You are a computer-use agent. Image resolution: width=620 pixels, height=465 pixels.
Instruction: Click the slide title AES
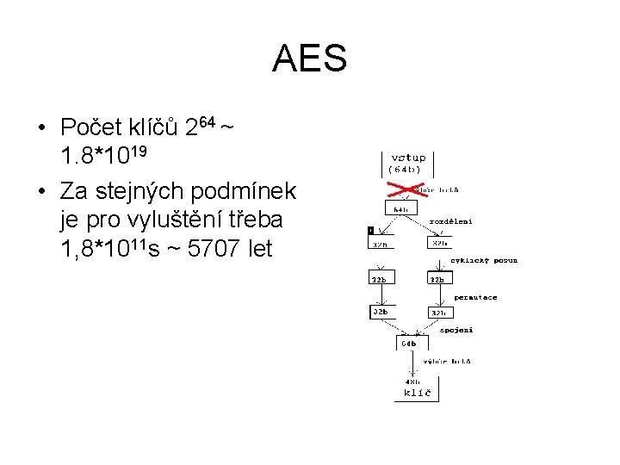(310, 59)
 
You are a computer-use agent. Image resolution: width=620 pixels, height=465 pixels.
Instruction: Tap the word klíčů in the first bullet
(153, 128)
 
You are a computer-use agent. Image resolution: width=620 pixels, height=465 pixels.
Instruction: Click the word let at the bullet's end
(258, 248)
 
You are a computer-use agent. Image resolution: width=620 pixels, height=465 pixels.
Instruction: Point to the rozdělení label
(451, 221)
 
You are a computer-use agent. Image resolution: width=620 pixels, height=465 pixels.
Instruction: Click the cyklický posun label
(484, 260)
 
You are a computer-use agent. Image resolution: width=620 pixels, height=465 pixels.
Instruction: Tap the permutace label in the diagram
(475, 297)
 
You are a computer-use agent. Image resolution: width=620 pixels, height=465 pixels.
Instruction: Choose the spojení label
(456, 330)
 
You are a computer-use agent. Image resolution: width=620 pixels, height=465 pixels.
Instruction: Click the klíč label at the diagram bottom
(418, 393)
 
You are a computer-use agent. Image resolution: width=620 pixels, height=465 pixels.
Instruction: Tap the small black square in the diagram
(371, 231)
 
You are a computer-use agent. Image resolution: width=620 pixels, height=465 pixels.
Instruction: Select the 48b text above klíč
(412, 381)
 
